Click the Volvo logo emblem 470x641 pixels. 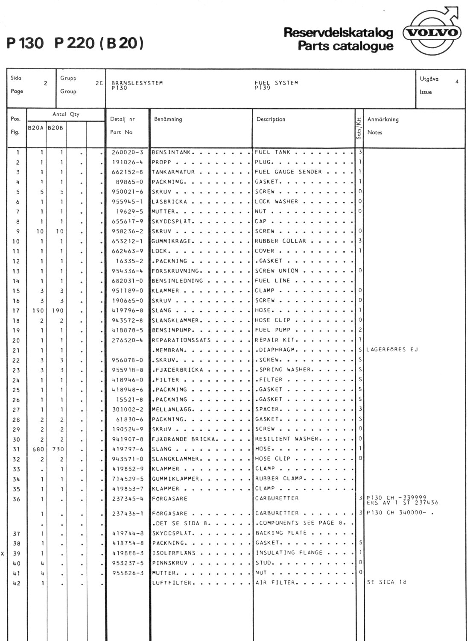tap(432, 33)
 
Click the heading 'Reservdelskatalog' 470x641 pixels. tap(338, 32)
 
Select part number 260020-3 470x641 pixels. tap(127, 153)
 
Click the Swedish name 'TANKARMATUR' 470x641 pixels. tap(173, 172)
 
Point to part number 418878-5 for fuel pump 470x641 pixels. tap(127, 330)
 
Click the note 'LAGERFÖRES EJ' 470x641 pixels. tap(392, 350)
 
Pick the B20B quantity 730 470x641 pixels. tap(58, 449)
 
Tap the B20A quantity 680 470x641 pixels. tap(38, 449)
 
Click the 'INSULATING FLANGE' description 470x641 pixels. tap(289, 553)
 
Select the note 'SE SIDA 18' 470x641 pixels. tap(386, 582)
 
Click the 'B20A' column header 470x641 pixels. tap(36, 128)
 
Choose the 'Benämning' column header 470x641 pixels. tap(168, 119)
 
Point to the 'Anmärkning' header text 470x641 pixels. tap(382, 120)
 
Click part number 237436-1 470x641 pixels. tap(127, 514)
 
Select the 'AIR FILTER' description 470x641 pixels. tap(275, 582)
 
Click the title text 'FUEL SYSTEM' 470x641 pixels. tap(276, 83)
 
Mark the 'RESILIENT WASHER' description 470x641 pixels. tap(286, 439)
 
